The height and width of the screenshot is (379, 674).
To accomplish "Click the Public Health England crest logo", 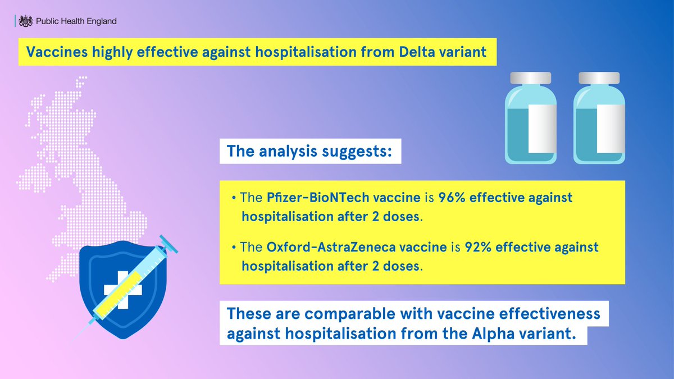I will coord(25,21).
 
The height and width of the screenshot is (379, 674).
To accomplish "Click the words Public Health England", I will coord(76,21).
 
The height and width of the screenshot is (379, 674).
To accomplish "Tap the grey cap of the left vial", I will coord(531,77).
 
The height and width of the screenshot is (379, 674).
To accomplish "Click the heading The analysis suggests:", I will coord(309,151).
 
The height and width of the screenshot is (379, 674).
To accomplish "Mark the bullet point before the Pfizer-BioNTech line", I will coord(233,199).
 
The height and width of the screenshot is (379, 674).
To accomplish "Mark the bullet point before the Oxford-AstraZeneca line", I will coord(233,248).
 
